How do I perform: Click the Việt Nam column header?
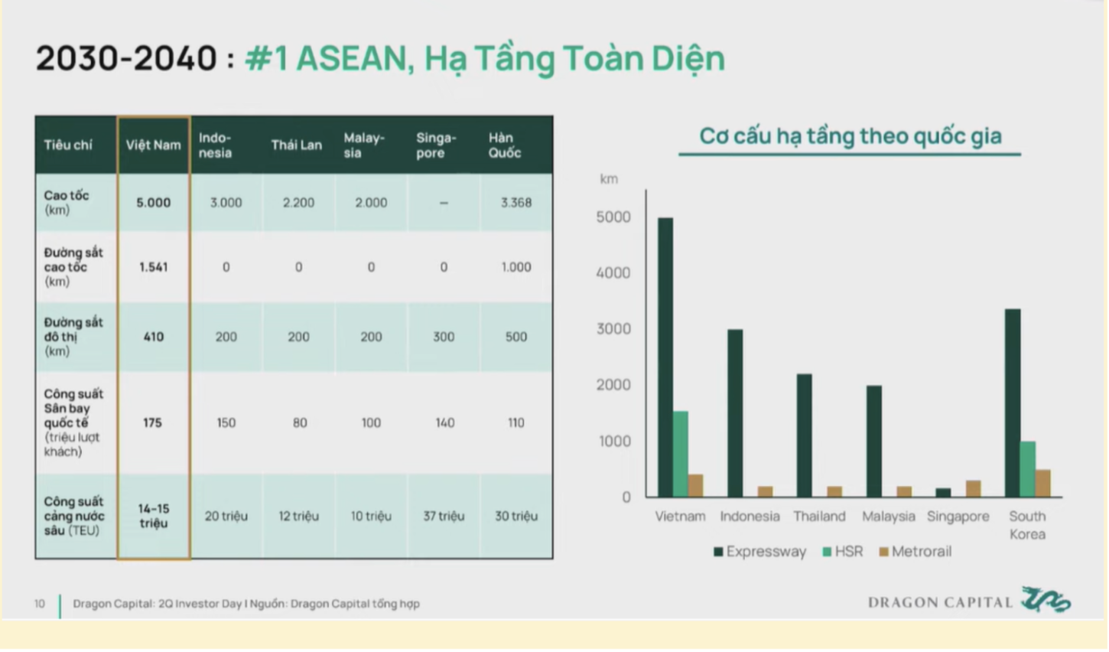154,145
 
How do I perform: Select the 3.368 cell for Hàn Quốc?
516,203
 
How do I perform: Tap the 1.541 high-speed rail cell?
154,267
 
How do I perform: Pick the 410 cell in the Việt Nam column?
154,337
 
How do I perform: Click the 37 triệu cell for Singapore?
444,517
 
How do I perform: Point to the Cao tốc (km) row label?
67,202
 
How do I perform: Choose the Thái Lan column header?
296,145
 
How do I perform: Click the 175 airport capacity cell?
152,422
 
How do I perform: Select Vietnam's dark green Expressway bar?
665,357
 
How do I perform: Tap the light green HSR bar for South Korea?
1028,469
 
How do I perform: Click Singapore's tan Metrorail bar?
974,488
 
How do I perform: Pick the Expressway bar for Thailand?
805,435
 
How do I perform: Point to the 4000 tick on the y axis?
613,273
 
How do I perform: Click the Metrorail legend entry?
915,552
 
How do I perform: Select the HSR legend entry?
843,552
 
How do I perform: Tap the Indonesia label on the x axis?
750,517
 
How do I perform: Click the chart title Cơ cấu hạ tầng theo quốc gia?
850,135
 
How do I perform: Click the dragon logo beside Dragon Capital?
1046,600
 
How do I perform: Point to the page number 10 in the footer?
40,604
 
